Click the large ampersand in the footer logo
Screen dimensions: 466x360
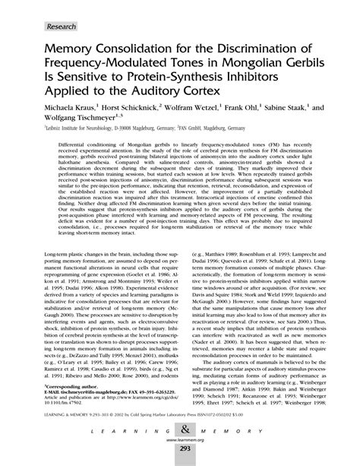[180, 430]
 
